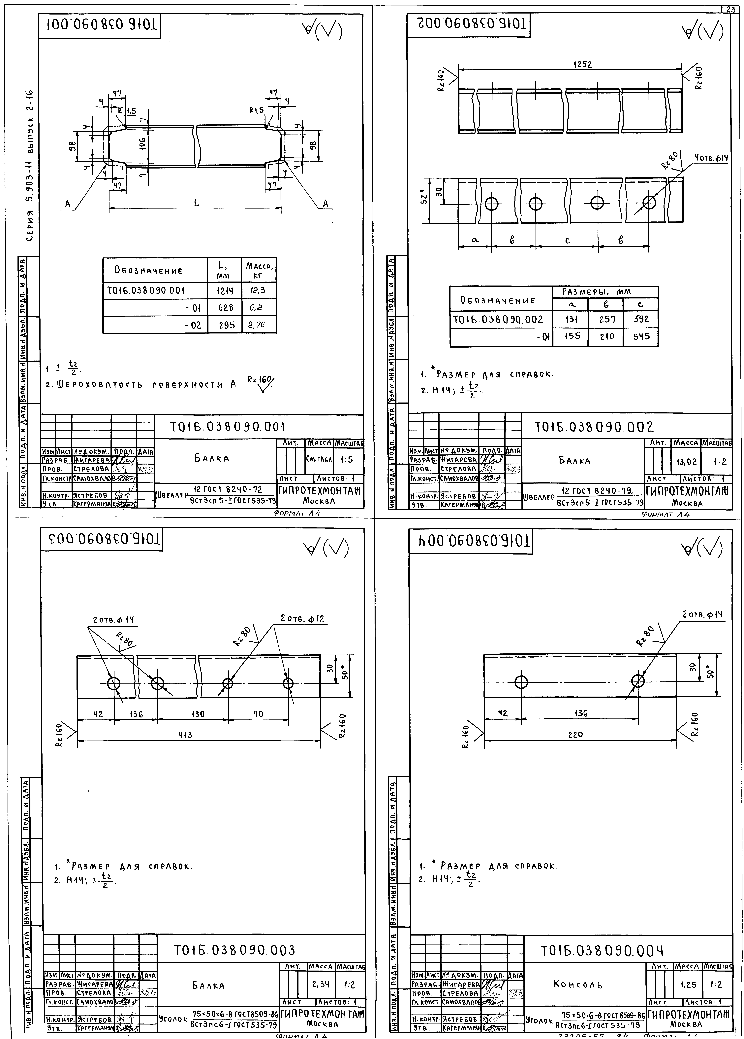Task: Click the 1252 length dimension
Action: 582,65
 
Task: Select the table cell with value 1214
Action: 224,290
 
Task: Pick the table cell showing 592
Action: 641,319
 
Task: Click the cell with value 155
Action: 572,336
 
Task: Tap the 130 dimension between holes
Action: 198,714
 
